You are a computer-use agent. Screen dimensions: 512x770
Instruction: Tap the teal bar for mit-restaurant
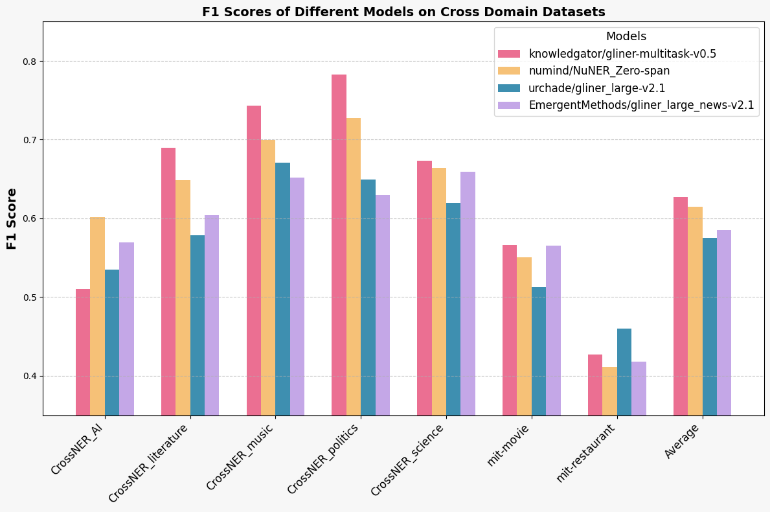[624, 372]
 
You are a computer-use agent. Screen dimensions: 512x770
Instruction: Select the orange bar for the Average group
[695, 311]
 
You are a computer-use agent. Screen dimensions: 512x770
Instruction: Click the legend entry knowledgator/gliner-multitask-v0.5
[622, 54]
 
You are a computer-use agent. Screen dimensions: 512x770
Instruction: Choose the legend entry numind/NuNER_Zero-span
[599, 71]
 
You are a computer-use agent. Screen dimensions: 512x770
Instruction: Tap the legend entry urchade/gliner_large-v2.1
[596, 88]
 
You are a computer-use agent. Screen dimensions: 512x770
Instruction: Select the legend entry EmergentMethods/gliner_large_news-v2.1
[641, 105]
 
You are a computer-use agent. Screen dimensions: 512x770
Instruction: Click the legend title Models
[626, 37]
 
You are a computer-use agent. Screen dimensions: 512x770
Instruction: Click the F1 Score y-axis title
[12, 218]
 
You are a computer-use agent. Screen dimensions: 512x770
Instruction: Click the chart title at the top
[403, 12]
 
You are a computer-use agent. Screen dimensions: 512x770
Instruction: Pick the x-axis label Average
[683, 441]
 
